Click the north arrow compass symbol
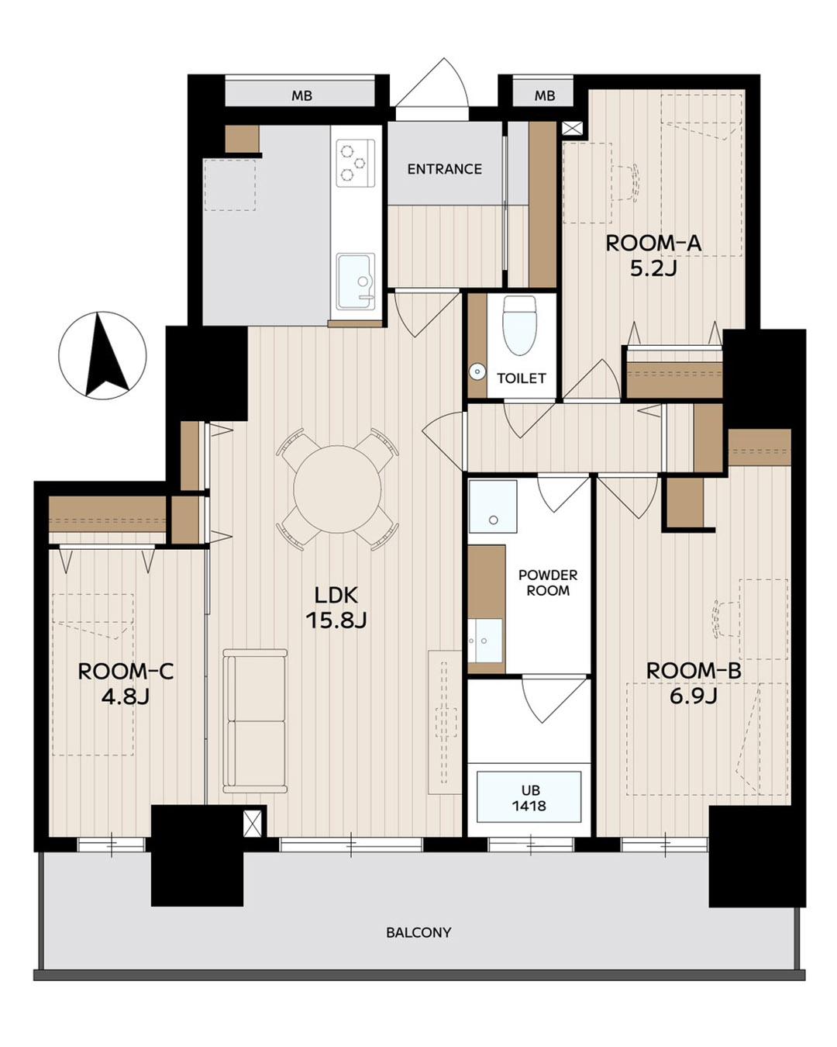coord(102,355)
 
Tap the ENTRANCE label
coord(445,169)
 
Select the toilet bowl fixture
coord(519,326)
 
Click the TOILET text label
coord(521,378)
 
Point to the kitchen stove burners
coord(356,163)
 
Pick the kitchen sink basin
coord(356,282)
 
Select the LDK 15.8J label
coord(336,608)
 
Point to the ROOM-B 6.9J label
coord(694,682)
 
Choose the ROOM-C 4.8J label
coord(126,683)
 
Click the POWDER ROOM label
coord(548,582)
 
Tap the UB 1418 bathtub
coord(529,796)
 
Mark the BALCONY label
coord(418,932)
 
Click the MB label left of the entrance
coord(301,96)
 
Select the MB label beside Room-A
coord(545,96)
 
